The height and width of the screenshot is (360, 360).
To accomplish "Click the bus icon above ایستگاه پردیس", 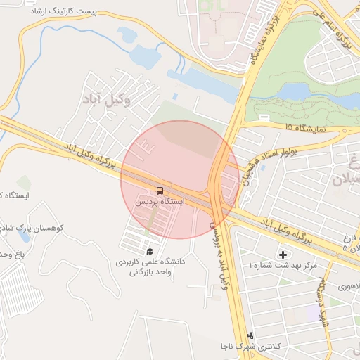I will pos(160,191).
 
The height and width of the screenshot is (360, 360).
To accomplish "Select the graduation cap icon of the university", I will pos(149,251).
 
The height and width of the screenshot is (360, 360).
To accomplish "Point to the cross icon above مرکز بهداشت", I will pos(283,254).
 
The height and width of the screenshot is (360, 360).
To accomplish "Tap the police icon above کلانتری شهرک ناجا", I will pos(250,335).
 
